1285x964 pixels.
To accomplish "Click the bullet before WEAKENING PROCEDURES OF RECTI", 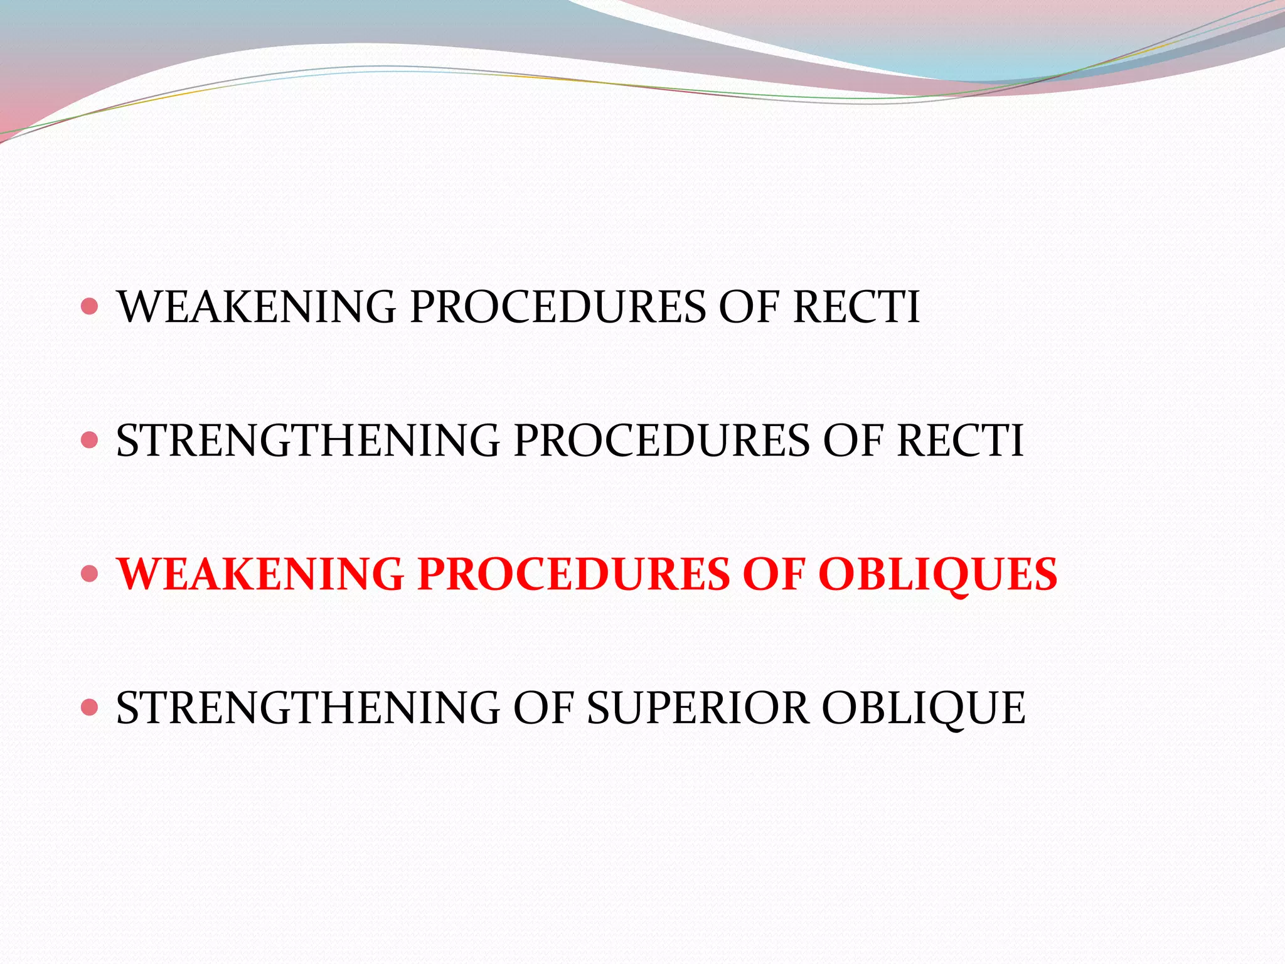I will tap(90, 306).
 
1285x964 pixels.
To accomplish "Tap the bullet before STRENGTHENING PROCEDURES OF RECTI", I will tap(90, 440).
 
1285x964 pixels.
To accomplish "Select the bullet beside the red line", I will tap(90, 574).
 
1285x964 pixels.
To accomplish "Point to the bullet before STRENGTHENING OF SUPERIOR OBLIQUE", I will tap(90, 707).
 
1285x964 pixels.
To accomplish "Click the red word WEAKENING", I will tap(260, 574).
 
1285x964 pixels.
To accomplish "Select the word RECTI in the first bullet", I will tap(856, 308).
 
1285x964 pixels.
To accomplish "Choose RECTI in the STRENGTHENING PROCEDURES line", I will tap(960, 441).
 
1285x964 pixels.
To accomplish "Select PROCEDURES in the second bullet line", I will tap(662, 441).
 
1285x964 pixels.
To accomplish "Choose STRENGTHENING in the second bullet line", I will tap(308, 441).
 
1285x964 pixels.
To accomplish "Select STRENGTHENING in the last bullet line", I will tap(308, 708).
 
